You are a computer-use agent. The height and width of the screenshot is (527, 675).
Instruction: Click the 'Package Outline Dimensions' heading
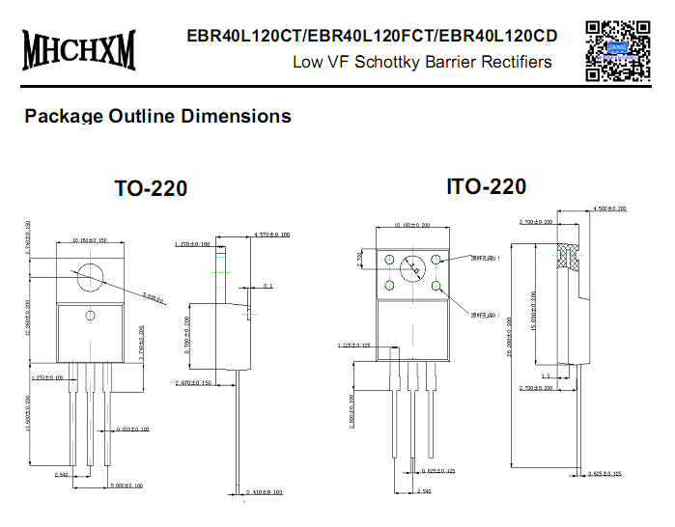pos(157,116)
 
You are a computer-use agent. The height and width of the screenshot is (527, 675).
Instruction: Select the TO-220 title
pos(151,188)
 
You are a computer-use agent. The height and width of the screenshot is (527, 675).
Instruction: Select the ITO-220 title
pos(486,186)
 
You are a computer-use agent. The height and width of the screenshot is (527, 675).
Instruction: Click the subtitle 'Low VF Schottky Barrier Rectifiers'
pos(422,62)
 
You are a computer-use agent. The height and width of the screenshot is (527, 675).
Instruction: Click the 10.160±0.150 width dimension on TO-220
pos(90,240)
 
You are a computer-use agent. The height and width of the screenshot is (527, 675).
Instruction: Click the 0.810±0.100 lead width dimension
pos(131,429)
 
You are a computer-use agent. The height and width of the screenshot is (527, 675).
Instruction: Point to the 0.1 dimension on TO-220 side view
pos(267,287)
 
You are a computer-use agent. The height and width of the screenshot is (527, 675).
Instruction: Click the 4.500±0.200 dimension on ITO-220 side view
pos(608,208)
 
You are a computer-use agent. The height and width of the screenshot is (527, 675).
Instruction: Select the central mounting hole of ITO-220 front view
pos(413,269)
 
